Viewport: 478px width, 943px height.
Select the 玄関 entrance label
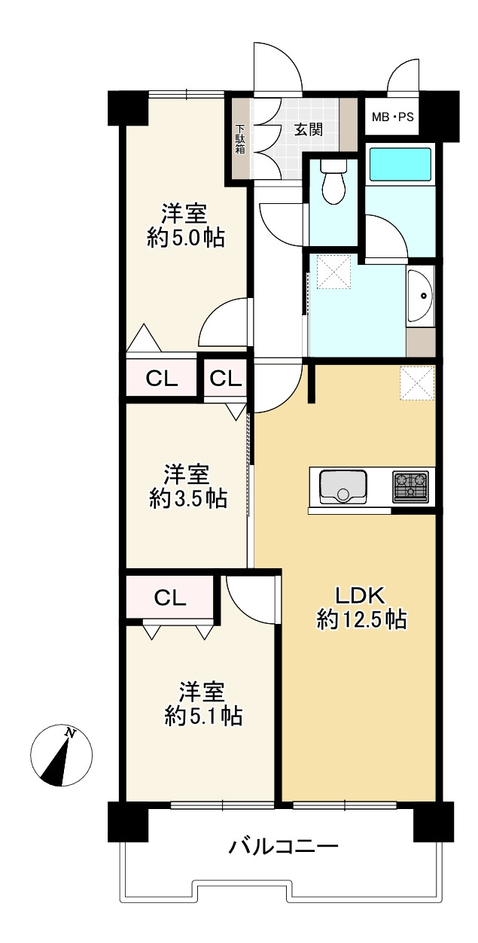coord(308,129)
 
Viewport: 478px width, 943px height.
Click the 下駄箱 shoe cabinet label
coord(240,139)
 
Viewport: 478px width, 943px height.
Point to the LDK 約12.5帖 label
coord(361,607)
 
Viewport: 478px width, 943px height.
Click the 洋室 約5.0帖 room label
coord(185,225)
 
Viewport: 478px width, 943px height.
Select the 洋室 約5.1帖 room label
coord(202,703)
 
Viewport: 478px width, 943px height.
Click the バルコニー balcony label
coord(283,847)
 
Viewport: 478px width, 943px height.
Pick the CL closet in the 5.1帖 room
coord(171,598)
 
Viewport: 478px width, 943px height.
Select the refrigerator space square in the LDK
coord(417,382)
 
